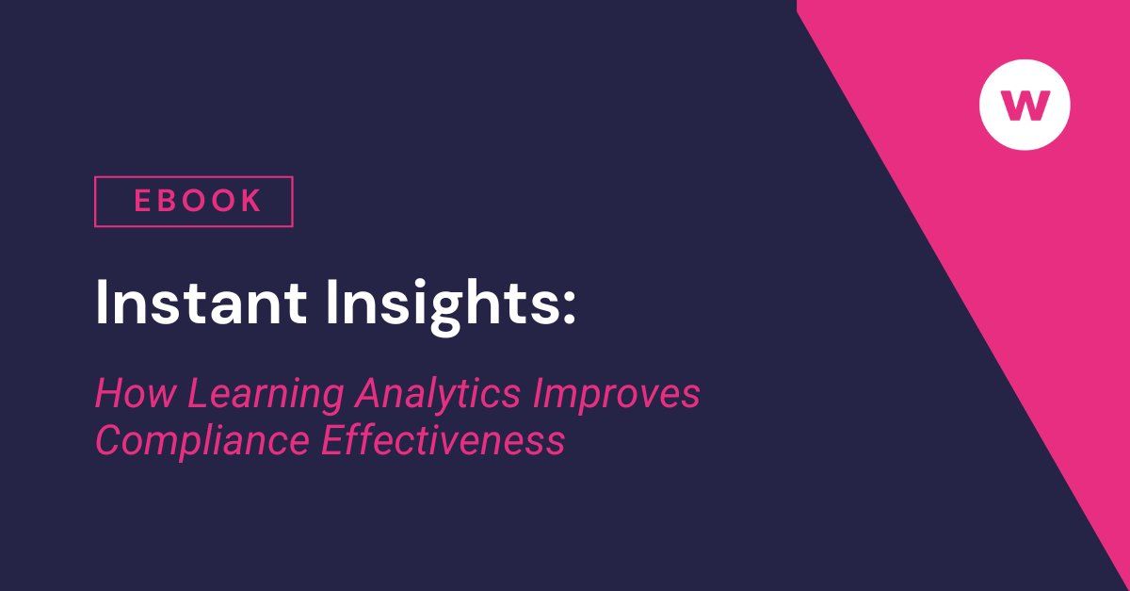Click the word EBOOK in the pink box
click(x=197, y=201)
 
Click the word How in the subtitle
click(x=135, y=394)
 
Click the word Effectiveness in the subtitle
click(x=443, y=439)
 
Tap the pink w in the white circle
click(x=1025, y=105)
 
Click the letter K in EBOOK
click(x=250, y=201)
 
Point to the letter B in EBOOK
click(x=169, y=201)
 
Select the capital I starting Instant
click(x=103, y=304)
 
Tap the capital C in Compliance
click(x=108, y=440)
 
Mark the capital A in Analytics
click(x=366, y=394)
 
